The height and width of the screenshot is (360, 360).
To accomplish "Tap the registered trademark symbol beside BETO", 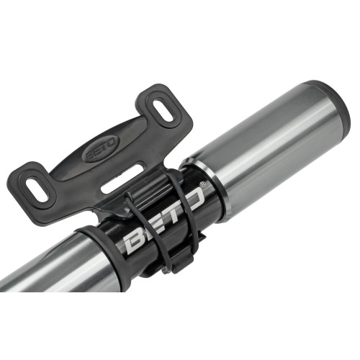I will coord(204,186).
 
